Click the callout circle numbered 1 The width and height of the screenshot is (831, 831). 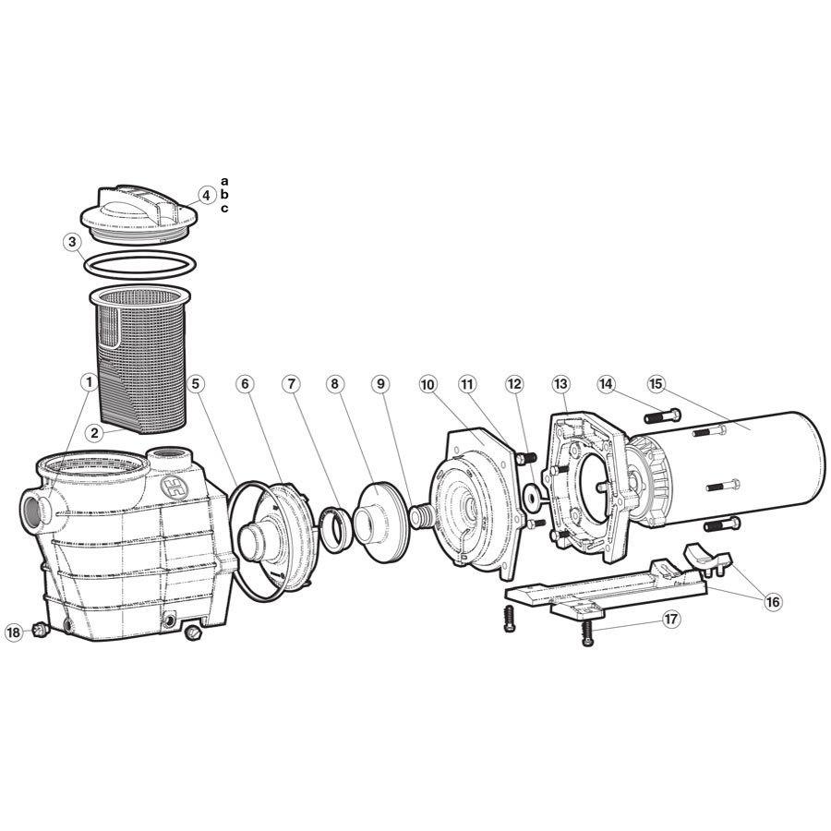click(x=89, y=381)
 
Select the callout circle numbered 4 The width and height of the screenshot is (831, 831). click(x=207, y=195)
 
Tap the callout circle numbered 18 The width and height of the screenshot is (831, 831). click(x=14, y=632)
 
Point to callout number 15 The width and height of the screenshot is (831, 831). click(x=656, y=382)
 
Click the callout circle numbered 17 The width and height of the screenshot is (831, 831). click(x=671, y=619)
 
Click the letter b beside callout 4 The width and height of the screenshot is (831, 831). click(x=224, y=195)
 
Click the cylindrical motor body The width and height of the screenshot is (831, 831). click(x=757, y=471)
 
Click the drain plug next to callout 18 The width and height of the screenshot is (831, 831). click(x=39, y=630)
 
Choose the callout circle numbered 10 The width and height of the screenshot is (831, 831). click(x=427, y=382)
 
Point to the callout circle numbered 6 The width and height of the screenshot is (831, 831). click(x=244, y=382)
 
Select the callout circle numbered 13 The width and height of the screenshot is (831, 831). click(x=561, y=382)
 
